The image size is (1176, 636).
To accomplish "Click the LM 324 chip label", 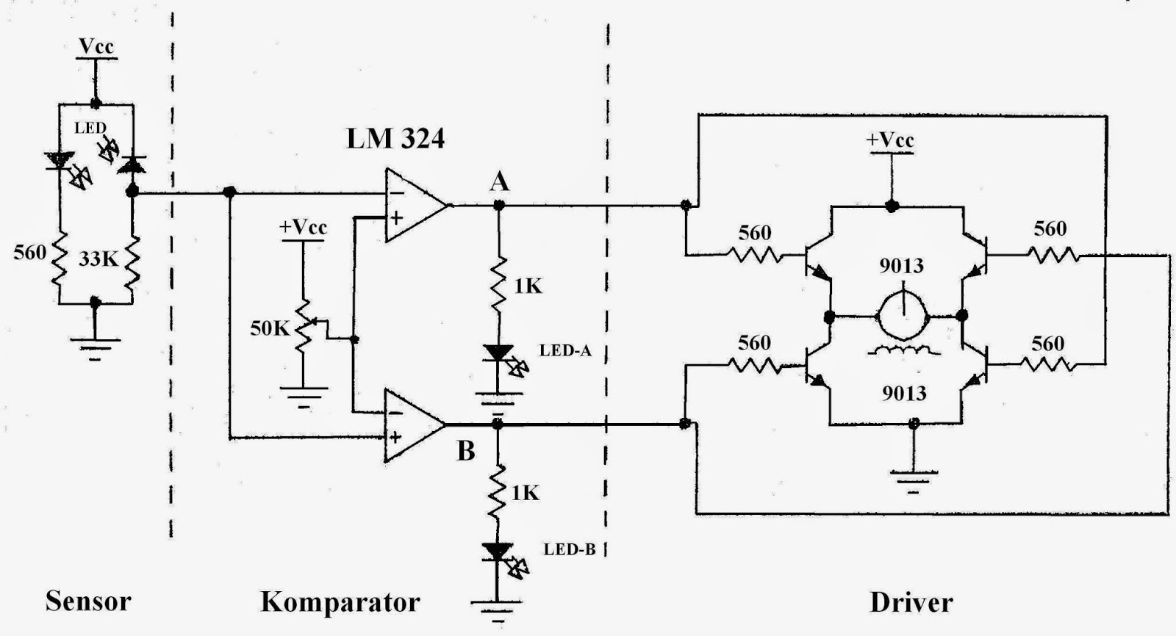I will click(395, 138).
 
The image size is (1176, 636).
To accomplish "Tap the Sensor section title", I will click(87, 601).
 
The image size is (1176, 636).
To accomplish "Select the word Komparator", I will click(340, 602).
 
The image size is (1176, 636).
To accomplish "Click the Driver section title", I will click(911, 602).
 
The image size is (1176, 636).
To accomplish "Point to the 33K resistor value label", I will click(98, 259).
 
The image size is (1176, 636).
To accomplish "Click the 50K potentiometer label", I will click(270, 328).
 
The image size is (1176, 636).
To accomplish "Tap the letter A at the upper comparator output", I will click(499, 181).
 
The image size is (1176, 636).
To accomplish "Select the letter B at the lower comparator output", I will click(466, 451).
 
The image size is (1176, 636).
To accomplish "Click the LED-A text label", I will click(565, 350).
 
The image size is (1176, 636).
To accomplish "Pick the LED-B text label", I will click(569, 549).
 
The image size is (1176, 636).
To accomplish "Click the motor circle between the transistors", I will click(903, 317).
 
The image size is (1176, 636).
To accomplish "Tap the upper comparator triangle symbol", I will click(414, 206).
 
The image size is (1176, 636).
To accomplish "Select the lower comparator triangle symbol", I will click(412, 425).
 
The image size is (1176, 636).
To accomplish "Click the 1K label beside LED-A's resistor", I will click(527, 286).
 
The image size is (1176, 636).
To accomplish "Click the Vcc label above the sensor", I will click(96, 46).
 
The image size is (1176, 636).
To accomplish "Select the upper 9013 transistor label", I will click(902, 265).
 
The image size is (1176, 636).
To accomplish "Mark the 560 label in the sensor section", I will click(29, 253).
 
